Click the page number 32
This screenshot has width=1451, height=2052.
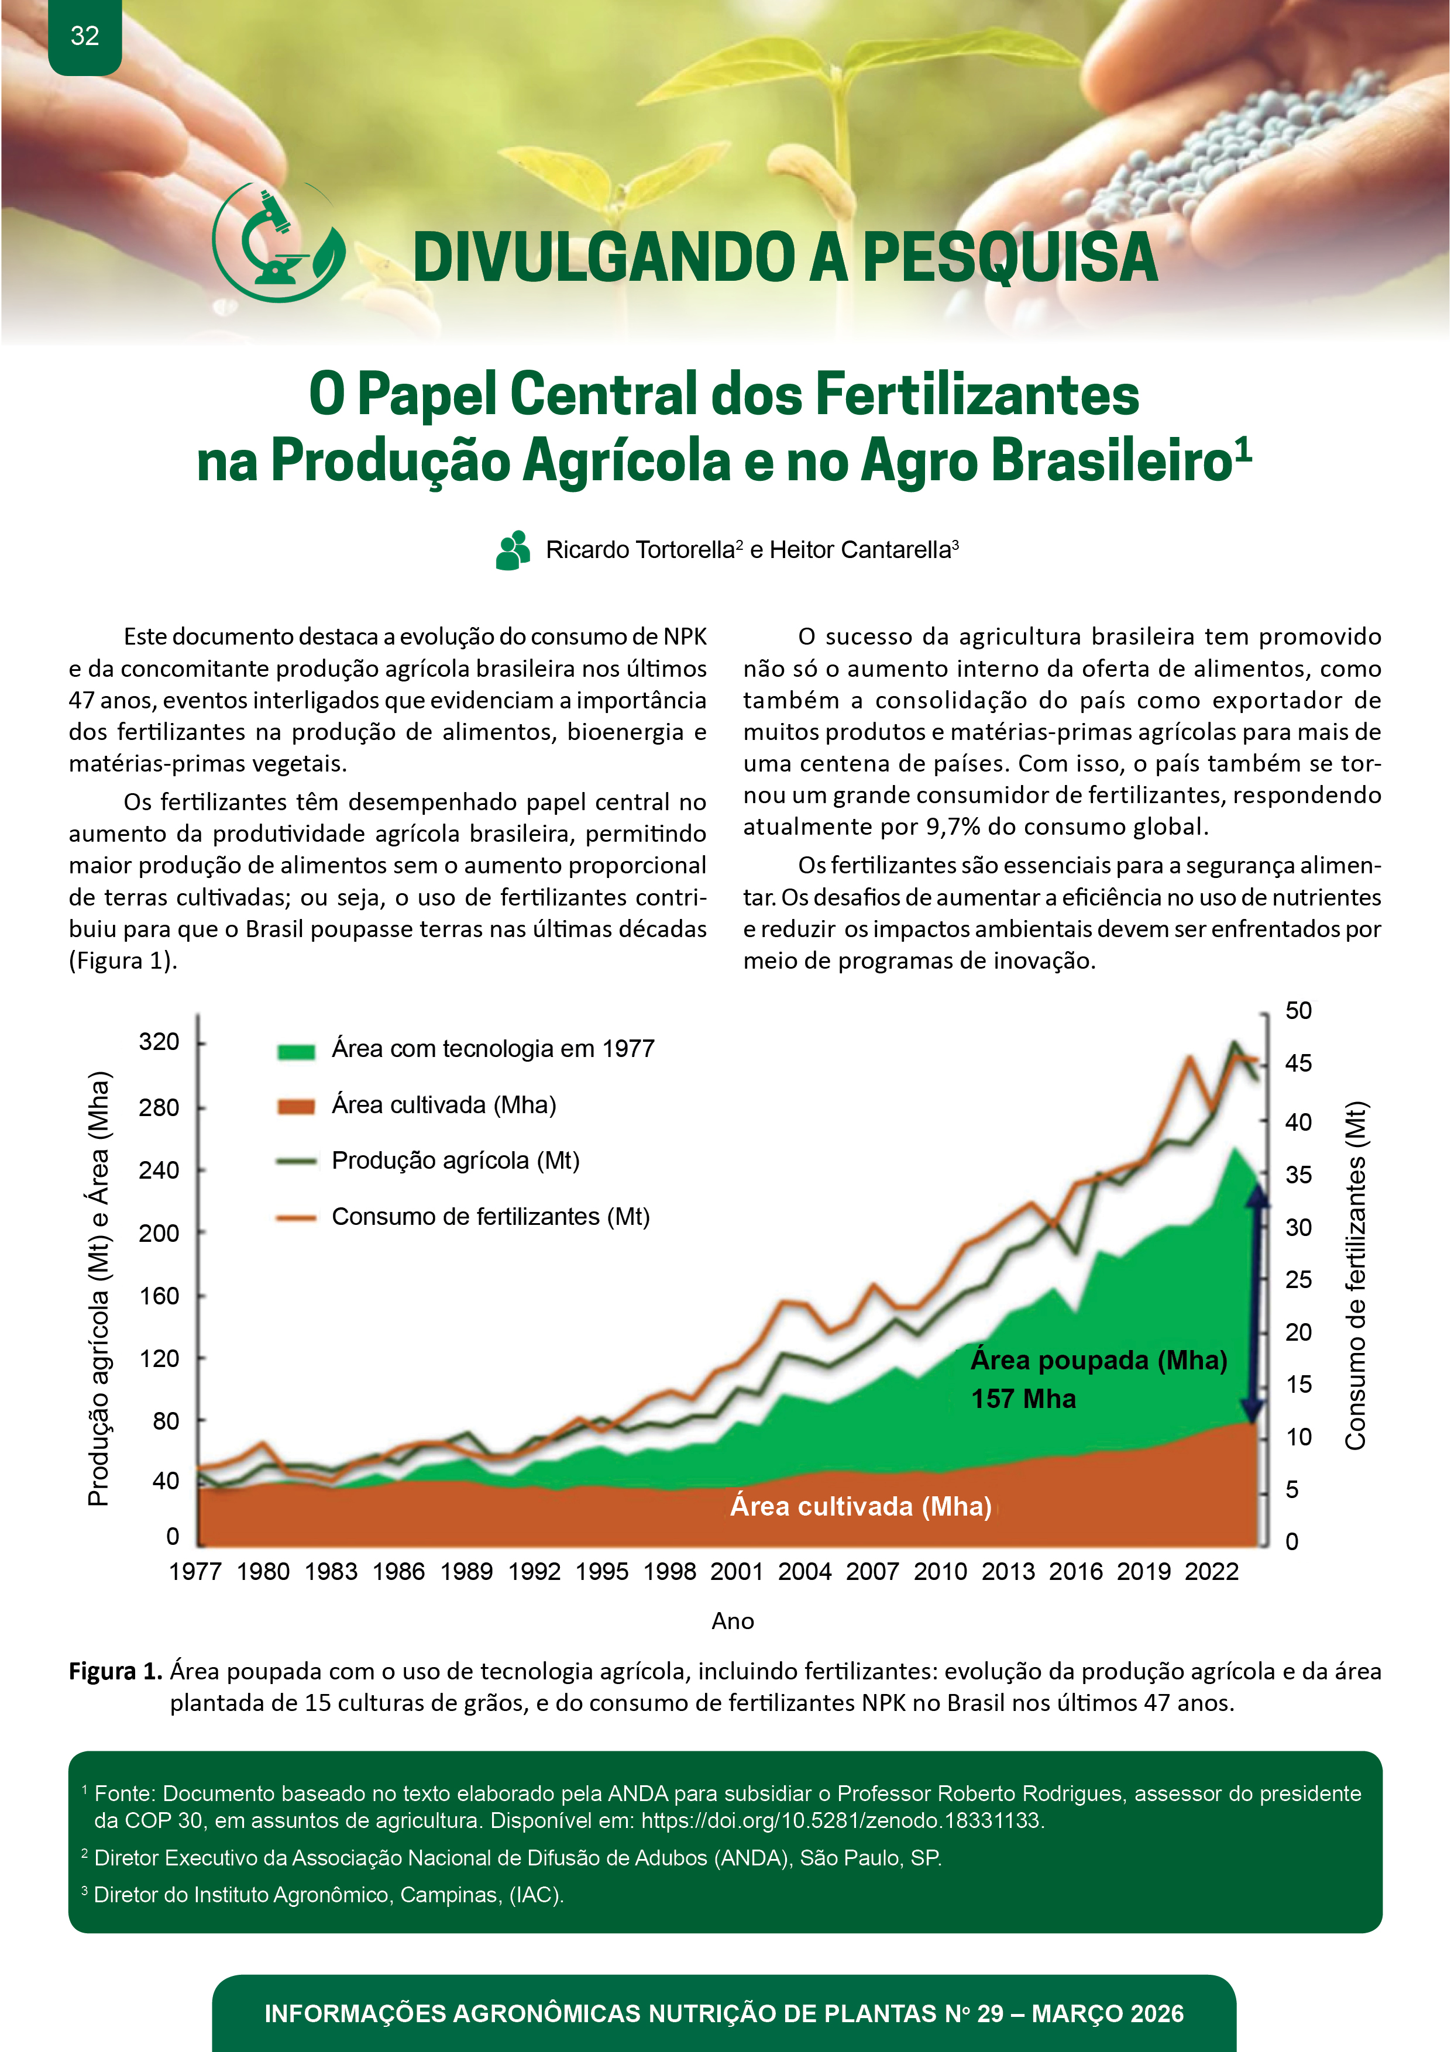tap(85, 36)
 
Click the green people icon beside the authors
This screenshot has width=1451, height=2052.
tap(513, 550)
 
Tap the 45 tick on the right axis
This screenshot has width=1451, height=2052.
tap(1298, 1063)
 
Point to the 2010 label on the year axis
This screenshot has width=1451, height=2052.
tap(940, 1571)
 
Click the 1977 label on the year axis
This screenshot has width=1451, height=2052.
tap(195, 1571)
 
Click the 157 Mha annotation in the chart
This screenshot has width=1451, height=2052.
tap(1024, 1399)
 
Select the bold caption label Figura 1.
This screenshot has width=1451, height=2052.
tap(115, 1671)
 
